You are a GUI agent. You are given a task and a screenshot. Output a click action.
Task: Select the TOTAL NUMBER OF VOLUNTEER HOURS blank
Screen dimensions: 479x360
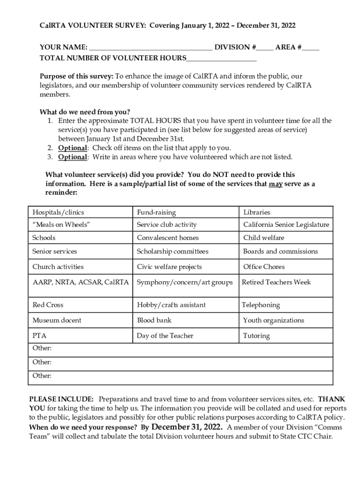[221, 59]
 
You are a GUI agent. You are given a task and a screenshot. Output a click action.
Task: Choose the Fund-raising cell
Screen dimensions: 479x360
[186, 212]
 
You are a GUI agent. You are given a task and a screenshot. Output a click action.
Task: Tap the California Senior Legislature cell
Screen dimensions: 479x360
[286, 225]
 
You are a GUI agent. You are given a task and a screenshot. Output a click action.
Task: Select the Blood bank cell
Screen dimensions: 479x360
[186, 320]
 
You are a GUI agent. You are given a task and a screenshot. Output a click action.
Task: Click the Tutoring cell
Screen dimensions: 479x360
[286, 336]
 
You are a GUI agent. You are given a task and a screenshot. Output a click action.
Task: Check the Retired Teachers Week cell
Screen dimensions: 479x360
[286, 283]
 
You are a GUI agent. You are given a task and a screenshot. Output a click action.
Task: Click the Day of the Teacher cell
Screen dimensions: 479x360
[186, 336]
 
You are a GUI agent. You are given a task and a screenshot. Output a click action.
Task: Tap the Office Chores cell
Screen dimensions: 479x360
[286, 267]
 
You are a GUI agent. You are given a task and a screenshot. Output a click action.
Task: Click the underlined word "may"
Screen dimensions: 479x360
[275, 184]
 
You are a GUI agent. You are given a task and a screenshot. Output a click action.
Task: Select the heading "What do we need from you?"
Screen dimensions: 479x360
[85, 112]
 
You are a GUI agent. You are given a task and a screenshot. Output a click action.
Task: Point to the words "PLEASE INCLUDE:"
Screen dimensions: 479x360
[62, 399]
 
